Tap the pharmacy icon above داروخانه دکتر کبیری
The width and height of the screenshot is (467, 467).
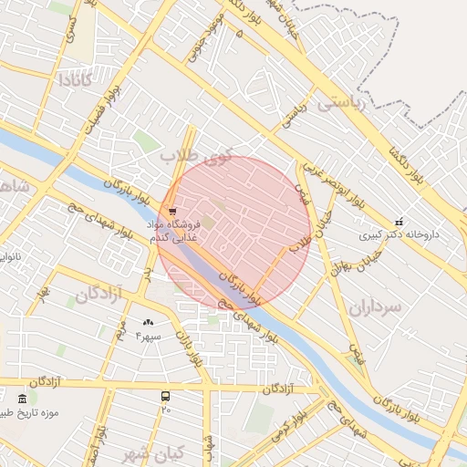399,222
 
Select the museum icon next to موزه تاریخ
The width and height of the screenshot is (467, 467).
23,399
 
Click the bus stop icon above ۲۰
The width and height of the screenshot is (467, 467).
165,396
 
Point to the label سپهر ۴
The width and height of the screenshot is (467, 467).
148,336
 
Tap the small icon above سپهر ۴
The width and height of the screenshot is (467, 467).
149,322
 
